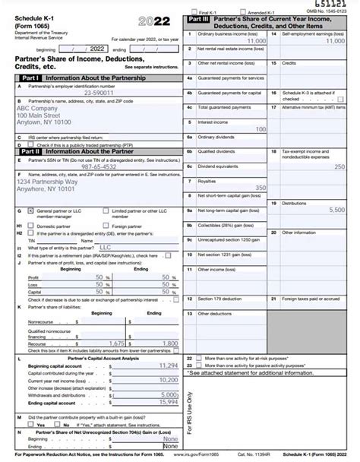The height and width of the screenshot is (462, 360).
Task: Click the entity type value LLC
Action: [x=105, y=247]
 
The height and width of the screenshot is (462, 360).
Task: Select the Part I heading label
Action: [x=30, y=78]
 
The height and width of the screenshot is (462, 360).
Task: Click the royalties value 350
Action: [x=260, y=188]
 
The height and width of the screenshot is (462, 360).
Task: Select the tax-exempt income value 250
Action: [x=339, y=166]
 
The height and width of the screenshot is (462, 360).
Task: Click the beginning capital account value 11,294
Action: [x=168, y=365]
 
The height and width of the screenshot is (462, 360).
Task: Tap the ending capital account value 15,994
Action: [x=168, y=402]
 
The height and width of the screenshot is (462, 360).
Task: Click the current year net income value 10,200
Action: [x=169, y=380]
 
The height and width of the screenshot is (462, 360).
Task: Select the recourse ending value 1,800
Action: [x=170, y=343]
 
